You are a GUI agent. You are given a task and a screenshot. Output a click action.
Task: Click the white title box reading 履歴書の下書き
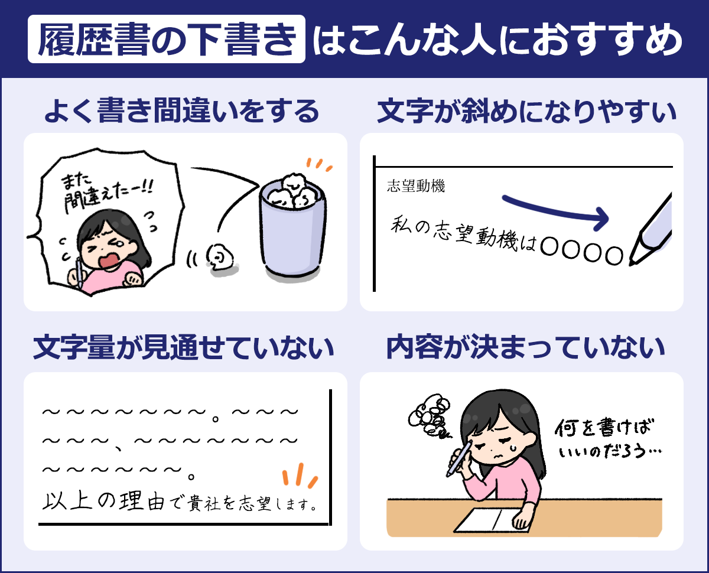tap(167, 39)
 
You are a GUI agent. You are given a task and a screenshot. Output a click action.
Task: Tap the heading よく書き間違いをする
tap(182, 110)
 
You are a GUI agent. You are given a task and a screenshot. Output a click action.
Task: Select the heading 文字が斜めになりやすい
tap(526, 111)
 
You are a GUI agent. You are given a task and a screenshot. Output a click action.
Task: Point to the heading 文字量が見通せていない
tap(183, 347)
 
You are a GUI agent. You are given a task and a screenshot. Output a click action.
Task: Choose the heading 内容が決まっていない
tap(525, 347)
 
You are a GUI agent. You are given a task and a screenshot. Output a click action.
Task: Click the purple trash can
tap(292, 230)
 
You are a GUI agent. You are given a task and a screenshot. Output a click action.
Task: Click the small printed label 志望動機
tap(416, 185)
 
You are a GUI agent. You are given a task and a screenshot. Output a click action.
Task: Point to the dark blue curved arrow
tap(555, 212)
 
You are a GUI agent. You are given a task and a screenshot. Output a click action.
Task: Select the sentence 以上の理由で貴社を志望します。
tap(180, 502)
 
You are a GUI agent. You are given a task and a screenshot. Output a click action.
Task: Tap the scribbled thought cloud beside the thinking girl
tap(430, 416)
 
